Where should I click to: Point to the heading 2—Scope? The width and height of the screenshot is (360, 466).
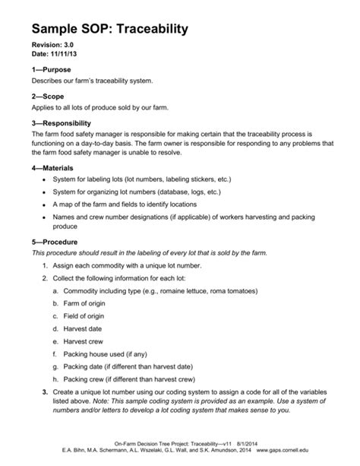47,97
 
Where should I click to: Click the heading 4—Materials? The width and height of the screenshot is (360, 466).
54,167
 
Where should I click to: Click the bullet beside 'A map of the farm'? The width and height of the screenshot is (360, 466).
46,205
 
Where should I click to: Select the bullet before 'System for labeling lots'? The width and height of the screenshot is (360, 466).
46,180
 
